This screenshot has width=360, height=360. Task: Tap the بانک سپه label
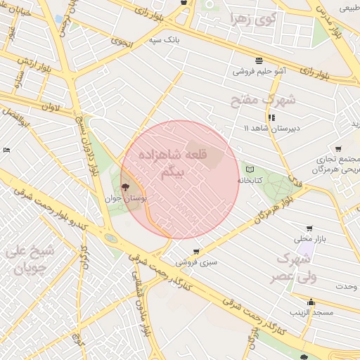pyautogui.click(x=164, y=41)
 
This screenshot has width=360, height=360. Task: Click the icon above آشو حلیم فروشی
pyautogui.click(x=259, y=60)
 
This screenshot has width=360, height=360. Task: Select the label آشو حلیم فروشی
pyautogui.click(x=259, y=71)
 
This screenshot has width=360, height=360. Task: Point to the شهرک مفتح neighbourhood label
pyautogui.click(x=264, y=100)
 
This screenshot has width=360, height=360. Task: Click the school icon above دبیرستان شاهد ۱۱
pyautogui.click(x=271, y=117)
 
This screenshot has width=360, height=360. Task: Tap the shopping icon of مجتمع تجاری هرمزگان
pyautogui.click(x=339, y=149)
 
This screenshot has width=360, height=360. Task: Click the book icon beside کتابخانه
pyautogui.click(x=250, y=169)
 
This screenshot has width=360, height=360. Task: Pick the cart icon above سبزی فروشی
pyautogui.click(x=195, y=250)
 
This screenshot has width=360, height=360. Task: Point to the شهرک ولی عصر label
pyautogui.click(x=295, y=267)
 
